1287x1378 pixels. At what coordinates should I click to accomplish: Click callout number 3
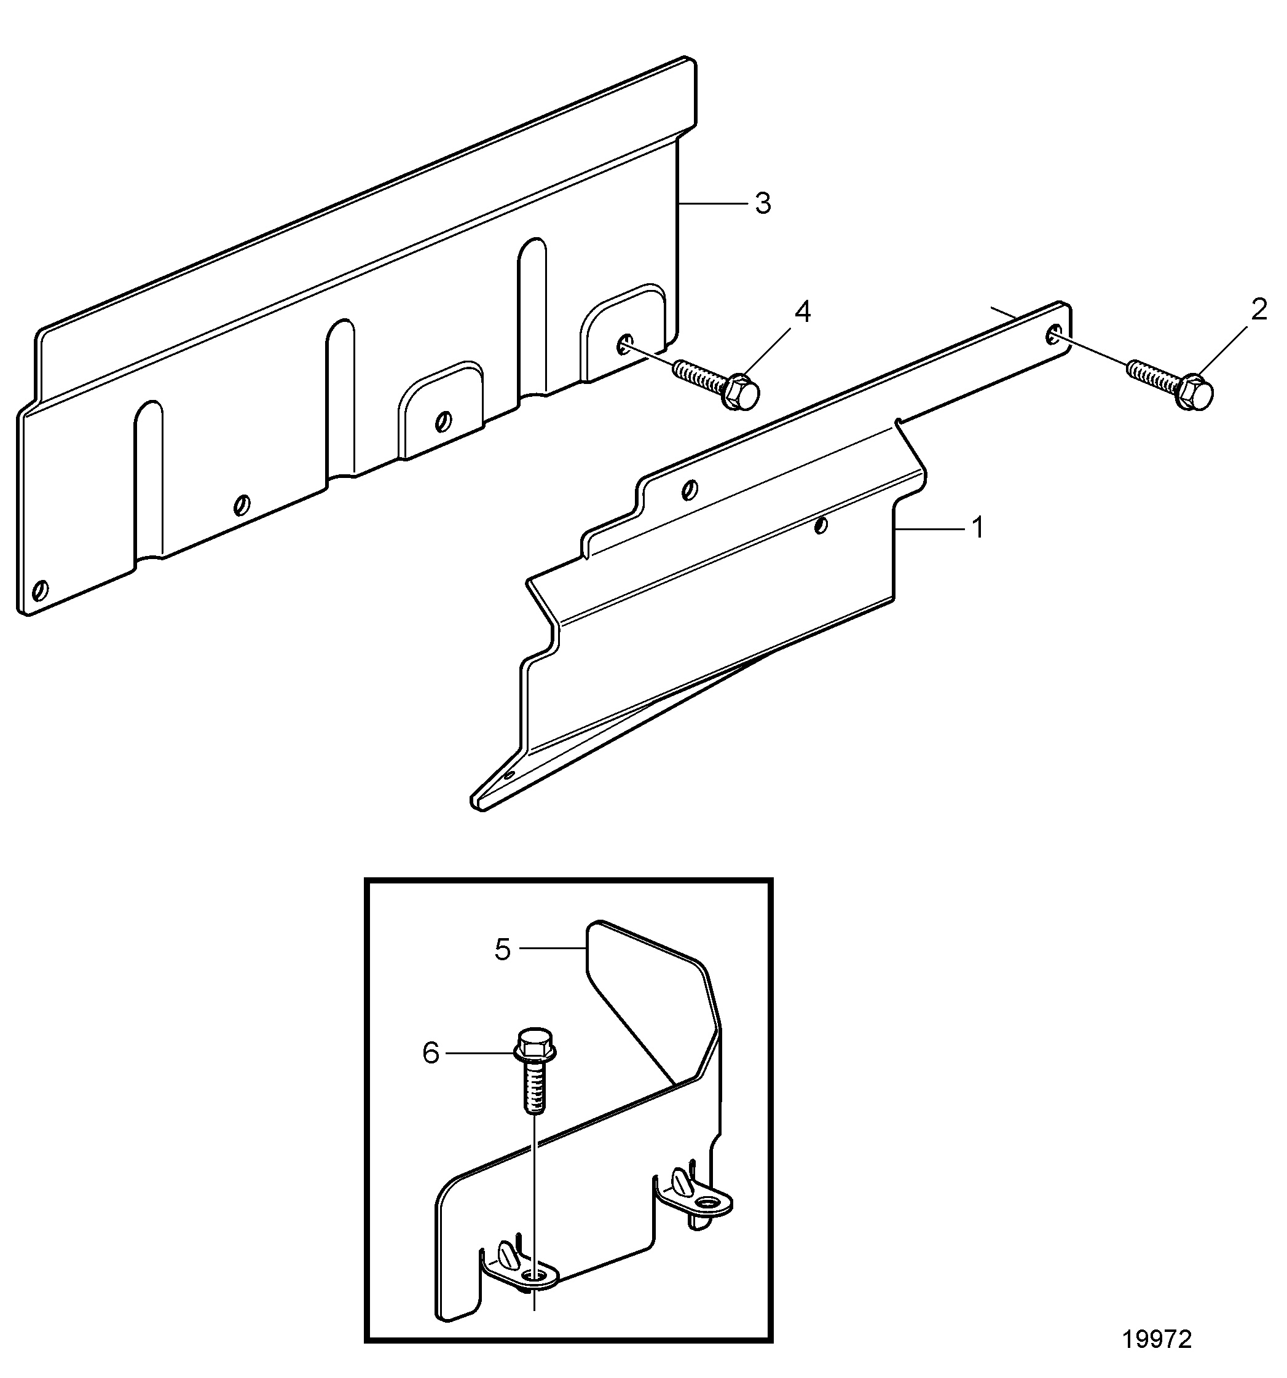763,204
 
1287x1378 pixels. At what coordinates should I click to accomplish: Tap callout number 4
802,312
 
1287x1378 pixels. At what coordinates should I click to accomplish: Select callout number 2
1259,309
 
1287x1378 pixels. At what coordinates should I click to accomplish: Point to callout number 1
978,528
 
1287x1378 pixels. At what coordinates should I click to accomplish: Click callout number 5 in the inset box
502,950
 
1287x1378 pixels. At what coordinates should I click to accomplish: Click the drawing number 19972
1157,1339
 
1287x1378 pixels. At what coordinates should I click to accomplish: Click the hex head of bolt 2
1194,391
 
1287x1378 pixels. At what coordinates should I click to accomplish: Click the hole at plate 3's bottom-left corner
41,590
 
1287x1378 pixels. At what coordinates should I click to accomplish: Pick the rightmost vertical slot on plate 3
532,318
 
